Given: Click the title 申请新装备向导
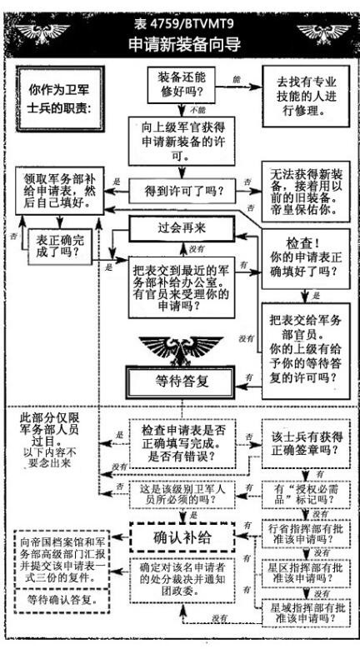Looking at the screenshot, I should (x=180, y=44).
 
